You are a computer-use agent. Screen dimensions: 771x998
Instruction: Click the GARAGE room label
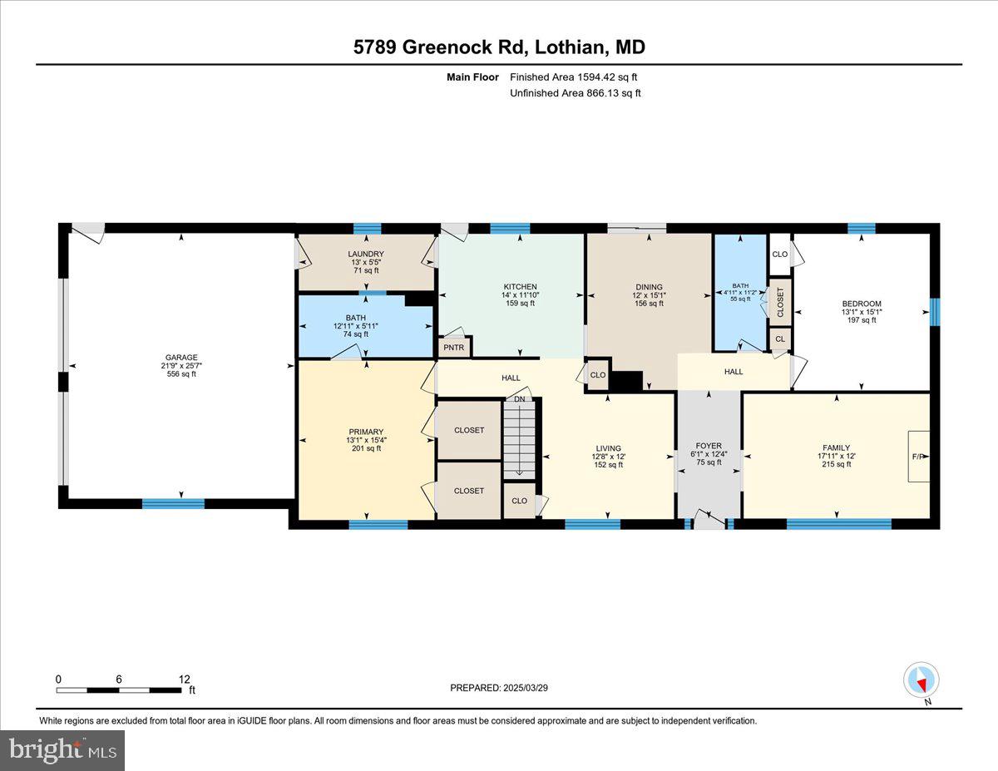pyautogui.click(x=180, y=358)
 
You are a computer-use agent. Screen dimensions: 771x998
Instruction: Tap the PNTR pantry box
pyautogui.click(x=454, y=347)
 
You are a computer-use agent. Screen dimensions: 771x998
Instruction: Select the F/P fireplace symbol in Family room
pyautogui.click(x=918, y=457)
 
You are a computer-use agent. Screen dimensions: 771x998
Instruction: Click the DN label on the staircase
pyautogui.click(x=520, y=400)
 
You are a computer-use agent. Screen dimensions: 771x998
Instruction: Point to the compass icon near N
pyautogui.click(x=921, y=680)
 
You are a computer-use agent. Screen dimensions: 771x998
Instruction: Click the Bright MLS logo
pyautogui.click(x=62, y=750)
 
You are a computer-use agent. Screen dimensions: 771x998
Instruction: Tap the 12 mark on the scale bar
pyautogui.click(x=184, y=679)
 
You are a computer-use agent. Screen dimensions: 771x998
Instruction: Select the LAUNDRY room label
pyautogui.click(x=366, y=254)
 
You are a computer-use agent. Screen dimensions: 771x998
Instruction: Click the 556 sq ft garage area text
pyautogui.click(x=180, y=374)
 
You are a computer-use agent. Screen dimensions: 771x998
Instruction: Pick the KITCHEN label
pyautogui.click(x=520, y=287)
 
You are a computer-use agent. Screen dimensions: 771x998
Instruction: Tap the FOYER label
pyautogui.click(x=709, y=446)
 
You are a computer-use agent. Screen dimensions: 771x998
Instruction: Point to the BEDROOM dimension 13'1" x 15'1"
pyautogui.click(x=861, y=312)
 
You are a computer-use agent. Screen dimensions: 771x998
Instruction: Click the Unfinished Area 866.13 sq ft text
pyautogui.click(x=575, y=93)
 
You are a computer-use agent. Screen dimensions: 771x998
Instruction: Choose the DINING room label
pyautogui.click(x=649, y=287)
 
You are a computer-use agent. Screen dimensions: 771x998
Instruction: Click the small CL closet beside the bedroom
pyautogui.click(x=779, y=339)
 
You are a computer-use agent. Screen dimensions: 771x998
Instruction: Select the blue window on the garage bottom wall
pyautogui.click(x=173, y=503)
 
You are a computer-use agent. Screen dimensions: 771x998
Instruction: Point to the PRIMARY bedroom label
pyautogui.click(x=366, y=432)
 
